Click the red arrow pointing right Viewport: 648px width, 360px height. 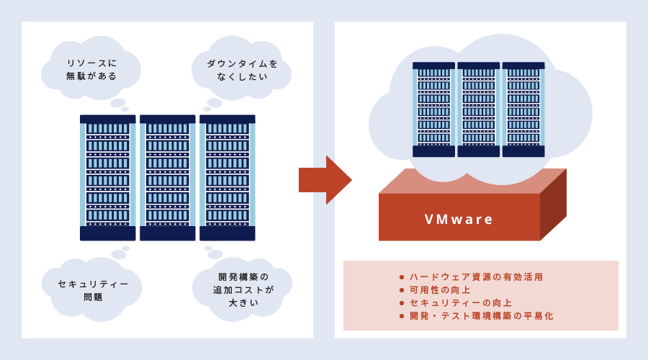tap(324, 180)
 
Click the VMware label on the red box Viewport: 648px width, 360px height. tap(459, 219)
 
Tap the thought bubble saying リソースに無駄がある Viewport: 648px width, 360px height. tap(91, 69)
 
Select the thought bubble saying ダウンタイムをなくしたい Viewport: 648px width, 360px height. tap(242, 69)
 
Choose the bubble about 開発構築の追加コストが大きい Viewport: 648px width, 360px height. tap(243, 289)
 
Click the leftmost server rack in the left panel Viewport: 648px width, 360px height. tap(107, 177)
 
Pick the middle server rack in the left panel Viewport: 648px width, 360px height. tap(167, 177)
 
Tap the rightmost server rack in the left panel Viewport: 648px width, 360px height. tap(227, 177)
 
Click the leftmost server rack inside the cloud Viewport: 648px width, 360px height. tap(433, 109)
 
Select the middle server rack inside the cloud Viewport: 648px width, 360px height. tap(478, 109)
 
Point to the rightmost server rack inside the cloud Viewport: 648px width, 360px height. tap(523, 109)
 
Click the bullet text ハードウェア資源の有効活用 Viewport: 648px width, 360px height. tap(476, 276)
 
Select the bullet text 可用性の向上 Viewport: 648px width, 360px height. tap(440, 289)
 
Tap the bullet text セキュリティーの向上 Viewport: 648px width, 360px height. tap(461, 302)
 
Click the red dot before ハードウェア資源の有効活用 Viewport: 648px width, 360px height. tap(402, 277)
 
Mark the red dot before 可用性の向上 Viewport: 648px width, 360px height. tap(402, 290)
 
